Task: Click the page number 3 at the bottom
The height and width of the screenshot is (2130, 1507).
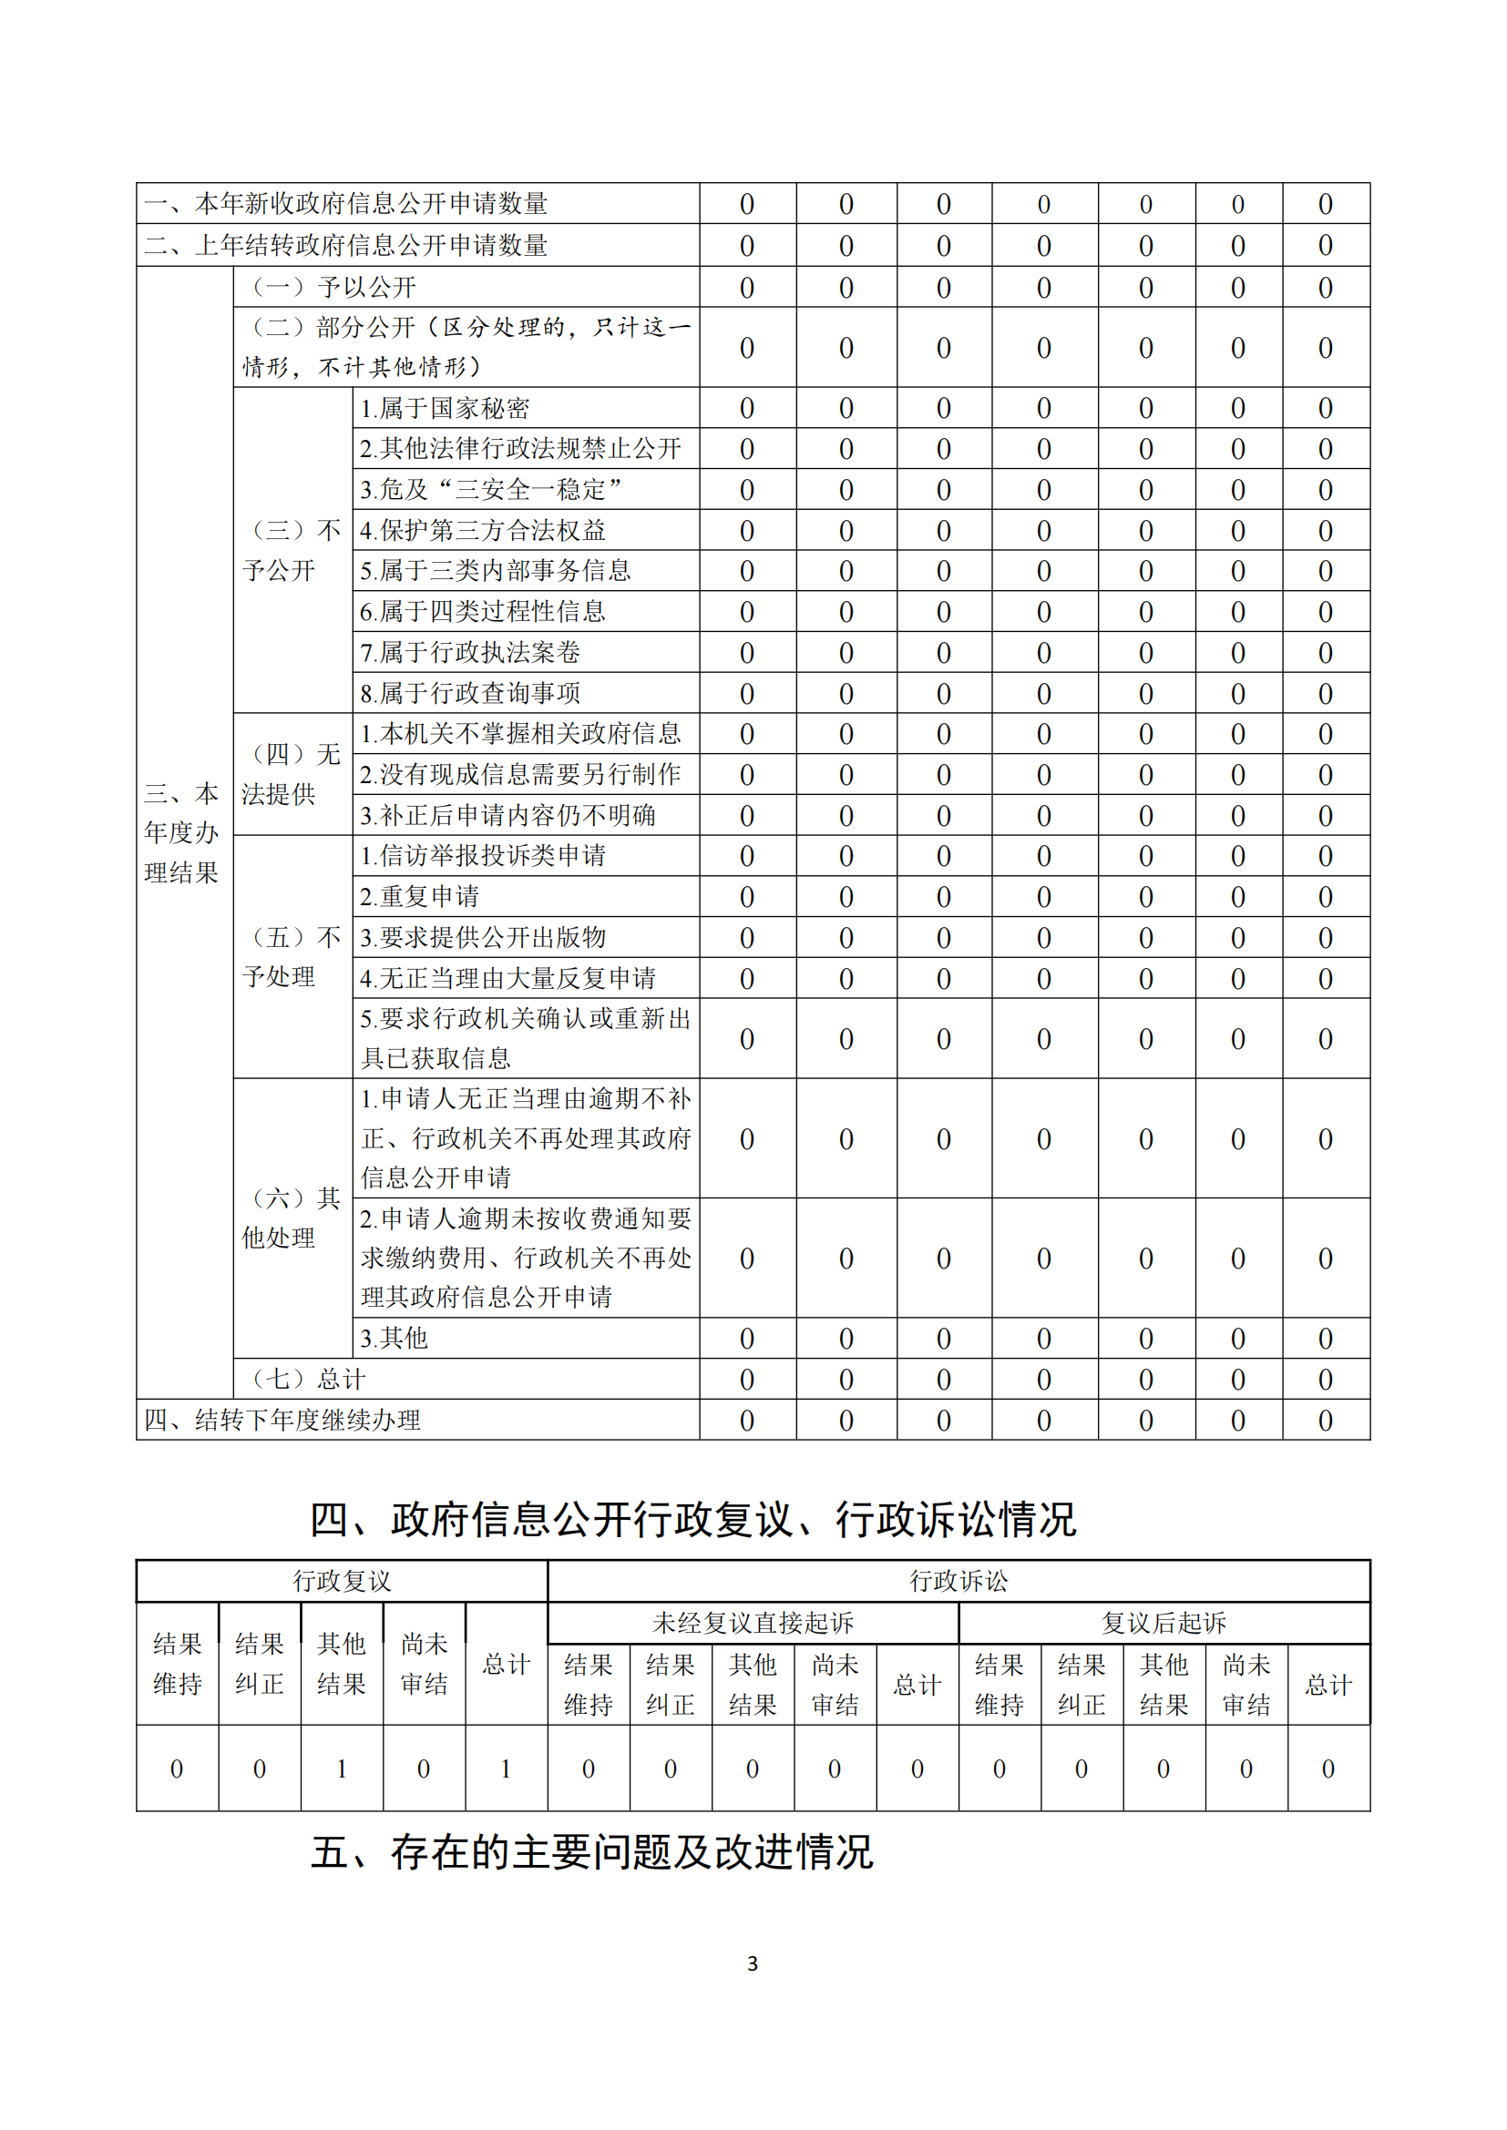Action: click(x=753, y=1963)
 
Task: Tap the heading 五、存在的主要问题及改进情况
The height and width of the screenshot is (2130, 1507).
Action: click(x=592, y=1852)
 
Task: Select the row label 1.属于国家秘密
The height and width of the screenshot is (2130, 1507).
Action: click(x=445, y=408)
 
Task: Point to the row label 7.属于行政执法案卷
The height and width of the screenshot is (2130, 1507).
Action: click(x=470, y=652)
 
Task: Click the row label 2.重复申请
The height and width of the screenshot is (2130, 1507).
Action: click(x=419, y=896)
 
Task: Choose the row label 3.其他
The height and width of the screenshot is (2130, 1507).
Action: click(x=394, y=1338)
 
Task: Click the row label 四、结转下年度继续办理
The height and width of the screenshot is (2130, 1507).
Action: click(x=282, y=1420)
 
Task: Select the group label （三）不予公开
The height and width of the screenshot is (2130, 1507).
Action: click(x=292, y=550)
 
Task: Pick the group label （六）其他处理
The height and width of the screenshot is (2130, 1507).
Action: click(x=292, y=1218)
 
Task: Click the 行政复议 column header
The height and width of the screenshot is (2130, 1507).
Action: click(x=342, y=1581)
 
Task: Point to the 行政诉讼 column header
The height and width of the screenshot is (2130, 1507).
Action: click(x=959, y=1581)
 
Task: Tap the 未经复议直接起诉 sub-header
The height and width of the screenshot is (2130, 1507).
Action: click(x=753, y=1623)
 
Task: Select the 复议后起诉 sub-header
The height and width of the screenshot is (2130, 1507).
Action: click(x=1164, y=1623)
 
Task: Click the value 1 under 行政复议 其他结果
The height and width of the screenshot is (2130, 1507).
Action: click(x=342, y=1769)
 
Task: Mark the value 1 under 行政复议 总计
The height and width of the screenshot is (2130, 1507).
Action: click(x=506, y=1769)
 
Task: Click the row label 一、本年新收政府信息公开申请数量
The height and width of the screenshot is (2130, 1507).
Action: click(x=346, y=203)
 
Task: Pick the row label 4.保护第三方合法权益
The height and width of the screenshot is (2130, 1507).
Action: click(x=483, y=530)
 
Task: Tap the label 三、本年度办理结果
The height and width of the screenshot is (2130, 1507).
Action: click(x=182, y=833)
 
